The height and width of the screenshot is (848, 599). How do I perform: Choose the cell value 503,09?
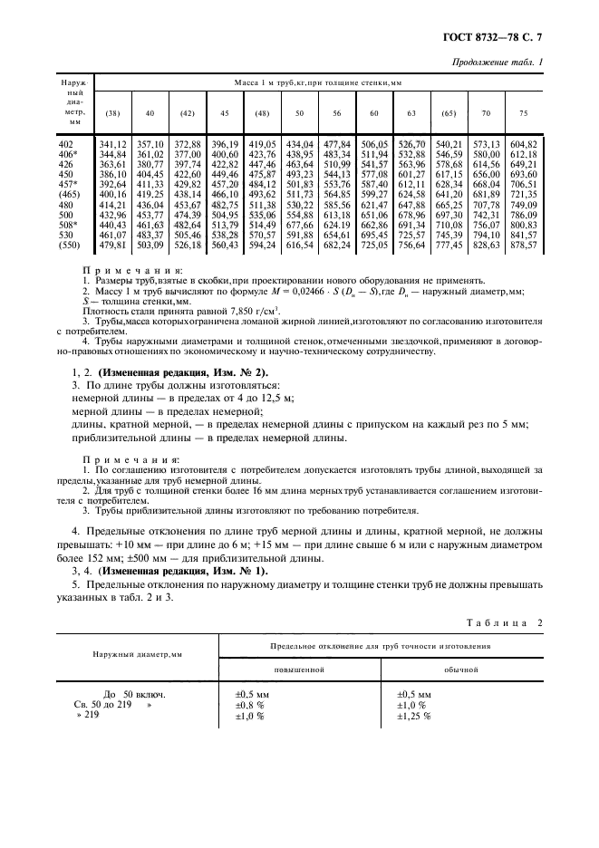(150, 244)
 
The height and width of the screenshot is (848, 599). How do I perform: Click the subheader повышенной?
(299, 670)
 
